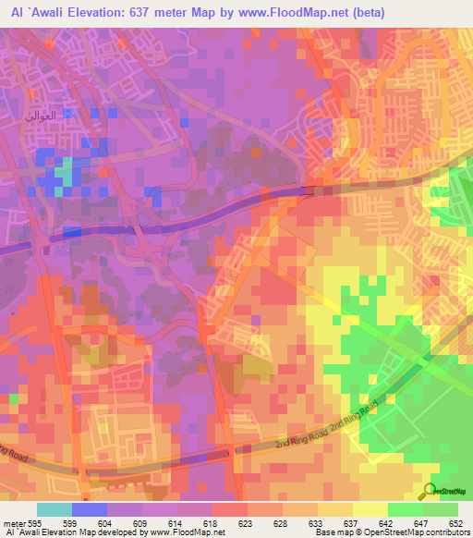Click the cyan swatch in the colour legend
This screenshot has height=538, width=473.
click(x=53, y=509)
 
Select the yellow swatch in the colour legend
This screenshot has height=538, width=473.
click(x=370, y=509)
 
